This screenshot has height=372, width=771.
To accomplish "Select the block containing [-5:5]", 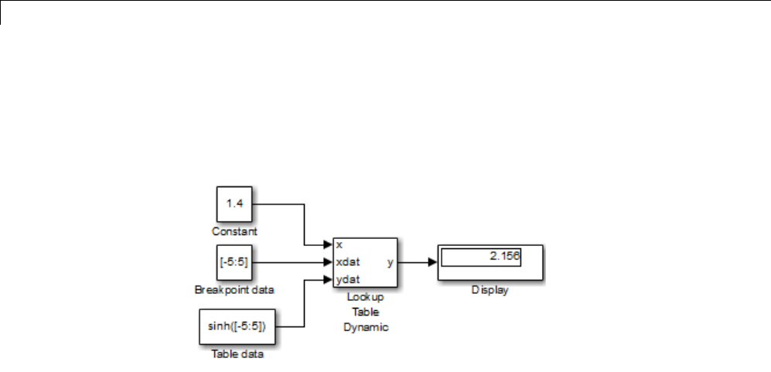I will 234,263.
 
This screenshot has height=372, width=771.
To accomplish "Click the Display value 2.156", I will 507,256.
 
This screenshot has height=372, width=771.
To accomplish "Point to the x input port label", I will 340,244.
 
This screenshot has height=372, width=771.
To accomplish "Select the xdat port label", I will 348,262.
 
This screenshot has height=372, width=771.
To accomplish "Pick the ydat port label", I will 348,279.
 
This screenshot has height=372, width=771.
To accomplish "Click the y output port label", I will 390,262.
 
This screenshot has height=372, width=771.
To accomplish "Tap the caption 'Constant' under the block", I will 234,231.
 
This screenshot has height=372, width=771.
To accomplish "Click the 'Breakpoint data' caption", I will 235,290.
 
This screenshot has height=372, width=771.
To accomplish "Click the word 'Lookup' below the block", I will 366,297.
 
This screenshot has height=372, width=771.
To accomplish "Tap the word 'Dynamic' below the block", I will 366,327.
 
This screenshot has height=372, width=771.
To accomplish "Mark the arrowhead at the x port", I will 328,244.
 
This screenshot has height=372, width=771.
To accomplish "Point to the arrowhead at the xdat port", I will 328,262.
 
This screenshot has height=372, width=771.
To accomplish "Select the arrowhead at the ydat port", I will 328,279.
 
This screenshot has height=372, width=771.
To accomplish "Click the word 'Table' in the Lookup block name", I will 366,312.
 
